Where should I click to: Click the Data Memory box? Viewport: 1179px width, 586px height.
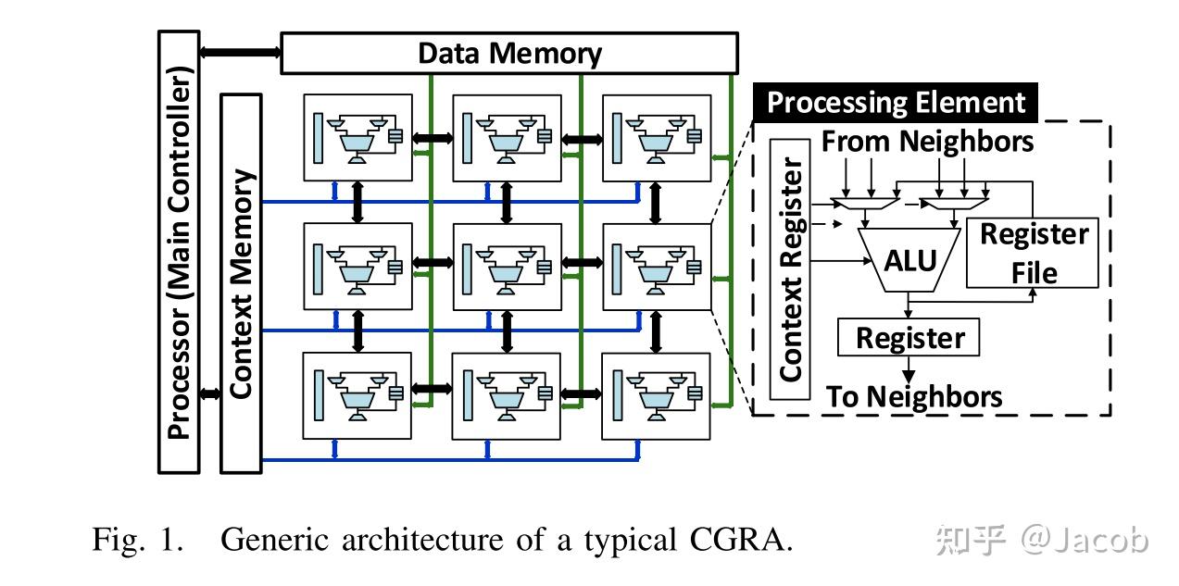[508, 53]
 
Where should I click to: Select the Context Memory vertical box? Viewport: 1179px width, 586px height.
[241, 283]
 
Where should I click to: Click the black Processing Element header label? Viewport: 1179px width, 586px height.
[896, 103]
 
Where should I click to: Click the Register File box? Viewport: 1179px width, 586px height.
[1033, 253]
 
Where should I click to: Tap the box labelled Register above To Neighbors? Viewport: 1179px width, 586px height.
[908, 338]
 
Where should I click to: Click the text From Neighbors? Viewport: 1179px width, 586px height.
[927, 142]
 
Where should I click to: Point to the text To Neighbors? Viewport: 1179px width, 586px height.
[913, 397]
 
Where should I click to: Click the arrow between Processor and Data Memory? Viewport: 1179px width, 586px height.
[239, 53]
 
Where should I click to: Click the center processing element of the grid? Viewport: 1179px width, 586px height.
[506, 267]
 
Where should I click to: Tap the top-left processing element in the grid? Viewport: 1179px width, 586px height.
[357, 138]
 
